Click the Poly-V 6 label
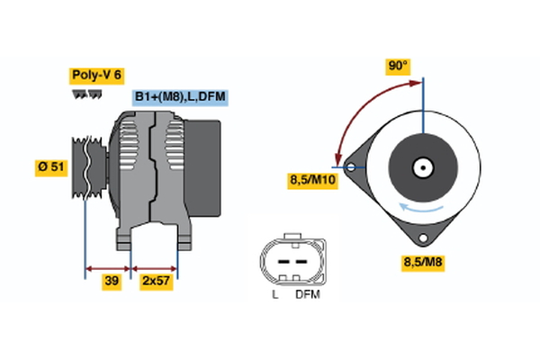pos(96,75)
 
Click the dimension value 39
pos(112,282)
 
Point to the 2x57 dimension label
pos(156,282)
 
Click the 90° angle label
pos(398,66)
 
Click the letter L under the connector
pos(274,294)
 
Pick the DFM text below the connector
pos(307,294)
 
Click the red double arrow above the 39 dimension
pos(108,267)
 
